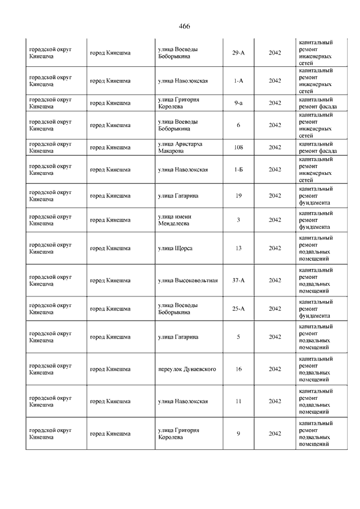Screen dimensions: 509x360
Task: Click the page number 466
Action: [184, 26]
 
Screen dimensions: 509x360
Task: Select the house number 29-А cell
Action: [238, 53]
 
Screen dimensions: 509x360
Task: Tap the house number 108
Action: [238, 147]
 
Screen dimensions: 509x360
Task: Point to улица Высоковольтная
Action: [188, 280]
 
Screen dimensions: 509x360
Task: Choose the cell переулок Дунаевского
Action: [187, 369]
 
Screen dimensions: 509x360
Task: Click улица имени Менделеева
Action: [174, 220]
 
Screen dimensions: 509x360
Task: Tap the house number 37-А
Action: [238, 280]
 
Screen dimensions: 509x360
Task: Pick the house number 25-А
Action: [238, 309]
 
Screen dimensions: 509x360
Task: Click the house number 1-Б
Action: [238, 169]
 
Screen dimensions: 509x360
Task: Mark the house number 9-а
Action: [238, 103]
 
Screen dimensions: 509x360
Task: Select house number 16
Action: [238, 369]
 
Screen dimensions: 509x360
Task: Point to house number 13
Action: [238, 248]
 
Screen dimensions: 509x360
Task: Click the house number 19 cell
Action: [238, 196]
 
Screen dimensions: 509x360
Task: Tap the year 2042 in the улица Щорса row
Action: [274, 248]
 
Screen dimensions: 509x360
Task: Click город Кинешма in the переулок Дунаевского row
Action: [110, 369]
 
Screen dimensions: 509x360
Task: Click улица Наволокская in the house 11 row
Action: [183, 401]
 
